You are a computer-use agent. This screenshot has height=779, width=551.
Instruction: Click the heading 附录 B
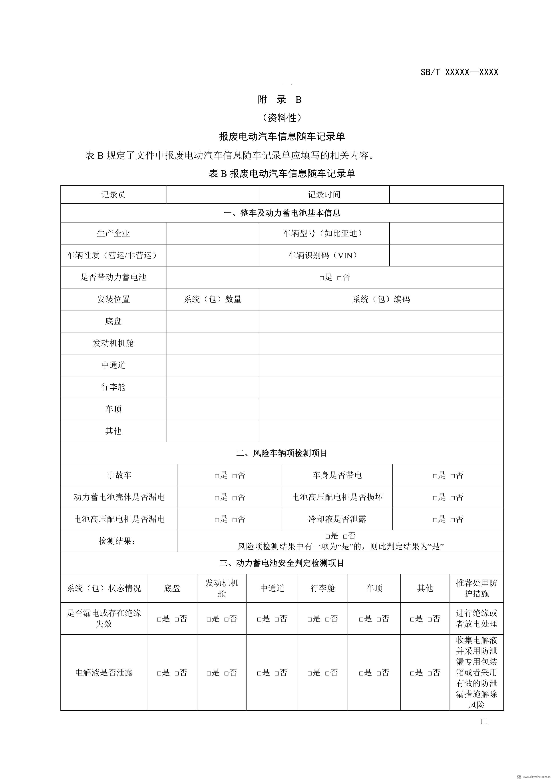coord(280,100)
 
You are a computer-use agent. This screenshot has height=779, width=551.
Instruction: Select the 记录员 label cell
coord(113,194)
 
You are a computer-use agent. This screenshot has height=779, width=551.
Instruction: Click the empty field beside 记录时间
coord(446,194)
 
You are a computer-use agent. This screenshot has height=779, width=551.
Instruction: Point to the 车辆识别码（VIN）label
coord(324,255)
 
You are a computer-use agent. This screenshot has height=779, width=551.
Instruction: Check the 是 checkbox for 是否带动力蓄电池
coord(322,278)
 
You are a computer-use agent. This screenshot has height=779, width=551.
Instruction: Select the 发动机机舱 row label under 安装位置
coord(113,343)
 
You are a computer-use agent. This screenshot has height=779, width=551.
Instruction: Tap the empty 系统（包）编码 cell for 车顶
coord(381,409)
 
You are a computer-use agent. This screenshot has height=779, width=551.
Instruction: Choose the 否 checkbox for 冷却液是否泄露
coord(453,519)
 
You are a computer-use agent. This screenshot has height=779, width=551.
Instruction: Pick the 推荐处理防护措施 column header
coord(476,588)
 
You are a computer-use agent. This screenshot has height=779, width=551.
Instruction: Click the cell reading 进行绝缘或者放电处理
coord(476,618)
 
